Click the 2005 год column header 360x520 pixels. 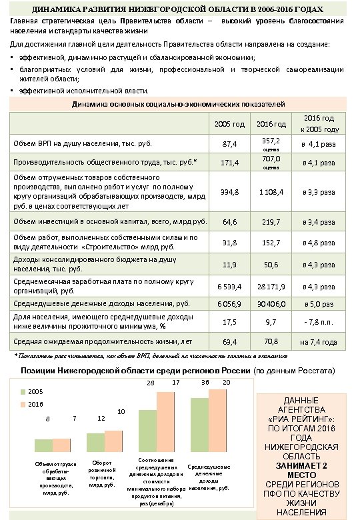tap(229, 125)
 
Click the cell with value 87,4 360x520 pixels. tap(229, 143)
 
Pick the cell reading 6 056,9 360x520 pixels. tap(229, 303)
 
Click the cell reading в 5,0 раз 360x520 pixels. tap(318, 303)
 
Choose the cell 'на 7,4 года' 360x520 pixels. tap(318, 342)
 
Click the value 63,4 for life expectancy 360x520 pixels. tap(229, 342)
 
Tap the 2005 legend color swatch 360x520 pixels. tap(22, 391)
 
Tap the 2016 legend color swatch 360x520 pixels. tap(22, 404)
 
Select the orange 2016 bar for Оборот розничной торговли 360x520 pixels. tap(113, 441)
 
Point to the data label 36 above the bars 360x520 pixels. tap(205, 382)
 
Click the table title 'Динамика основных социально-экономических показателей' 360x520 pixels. tap(178, 105)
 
